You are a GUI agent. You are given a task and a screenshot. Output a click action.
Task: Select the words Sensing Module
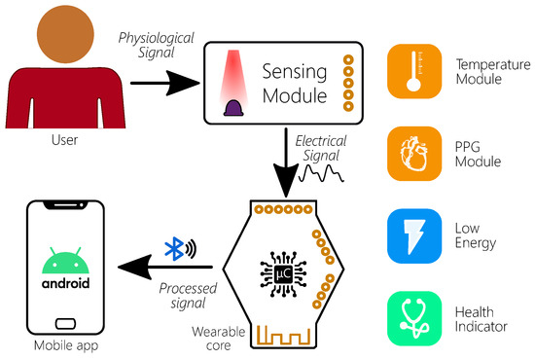(x=294, y=84)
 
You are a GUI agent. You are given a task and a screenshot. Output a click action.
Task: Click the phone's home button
(x=66, y=321)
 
